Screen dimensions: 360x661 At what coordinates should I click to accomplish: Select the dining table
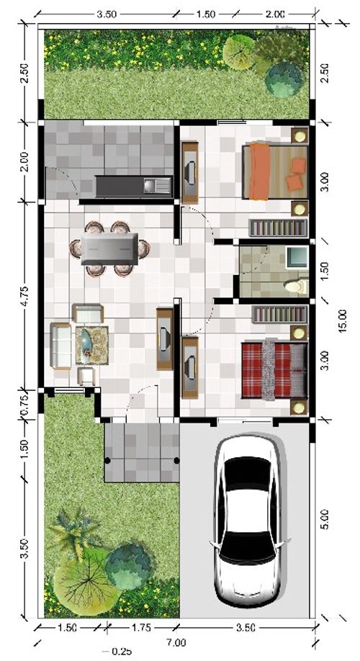109,248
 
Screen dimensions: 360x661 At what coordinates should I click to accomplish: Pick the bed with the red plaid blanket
274,369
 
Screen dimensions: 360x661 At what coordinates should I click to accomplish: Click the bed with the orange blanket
275,171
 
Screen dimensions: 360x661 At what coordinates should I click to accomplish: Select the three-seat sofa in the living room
60,345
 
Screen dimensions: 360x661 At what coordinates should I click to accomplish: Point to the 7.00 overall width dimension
176,643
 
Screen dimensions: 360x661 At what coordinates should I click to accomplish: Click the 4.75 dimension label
24,297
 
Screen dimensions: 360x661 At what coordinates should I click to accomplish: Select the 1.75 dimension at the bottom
141,628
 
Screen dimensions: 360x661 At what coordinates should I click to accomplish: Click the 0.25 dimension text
122,652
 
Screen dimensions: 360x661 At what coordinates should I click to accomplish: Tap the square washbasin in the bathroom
297,257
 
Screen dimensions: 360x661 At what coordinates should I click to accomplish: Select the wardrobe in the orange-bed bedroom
278,228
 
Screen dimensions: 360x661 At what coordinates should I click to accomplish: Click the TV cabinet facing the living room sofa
165,339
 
